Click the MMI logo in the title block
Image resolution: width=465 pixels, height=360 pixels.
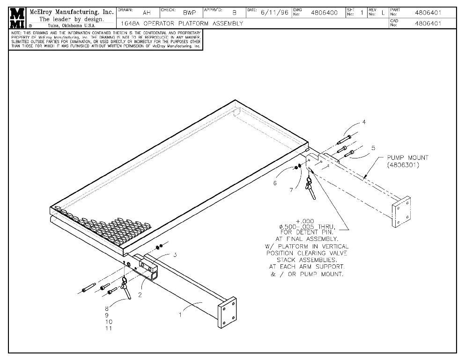click(17, 17)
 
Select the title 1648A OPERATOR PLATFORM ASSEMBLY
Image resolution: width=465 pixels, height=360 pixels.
click(182, 23)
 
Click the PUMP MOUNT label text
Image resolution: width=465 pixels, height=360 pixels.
click(407, 158)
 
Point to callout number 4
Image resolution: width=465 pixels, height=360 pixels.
click(364, 122)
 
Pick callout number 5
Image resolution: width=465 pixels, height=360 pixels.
click(373, 148)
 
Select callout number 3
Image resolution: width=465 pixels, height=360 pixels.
click(175, 255)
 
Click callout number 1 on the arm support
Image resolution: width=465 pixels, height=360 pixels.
click(180, 315)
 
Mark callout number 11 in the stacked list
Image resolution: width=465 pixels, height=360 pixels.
click(108, 329)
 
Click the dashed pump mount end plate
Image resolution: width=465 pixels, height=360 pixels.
click(402, 212)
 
